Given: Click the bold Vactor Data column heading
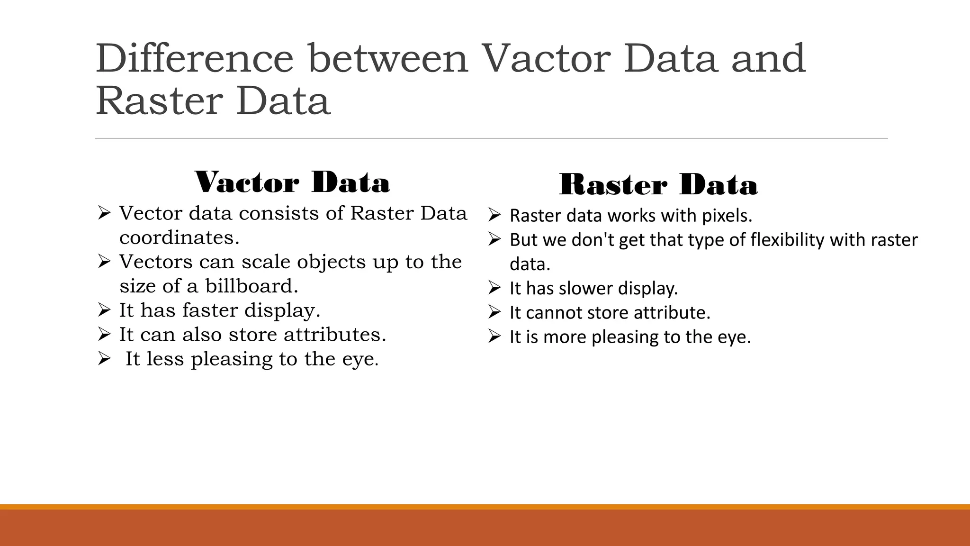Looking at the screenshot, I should click(292, 182).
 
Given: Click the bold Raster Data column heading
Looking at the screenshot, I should click(658, 185).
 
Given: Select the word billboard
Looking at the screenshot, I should click(251, 286).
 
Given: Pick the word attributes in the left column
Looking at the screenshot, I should click(335, 335).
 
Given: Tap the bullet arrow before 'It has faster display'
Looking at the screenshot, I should click(104, 310).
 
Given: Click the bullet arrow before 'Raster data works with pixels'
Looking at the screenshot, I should click(494, 216).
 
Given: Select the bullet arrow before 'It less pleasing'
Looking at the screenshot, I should click(104, 359).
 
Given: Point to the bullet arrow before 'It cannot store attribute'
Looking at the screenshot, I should click(494, 313).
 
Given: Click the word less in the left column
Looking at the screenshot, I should click(165, 359).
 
